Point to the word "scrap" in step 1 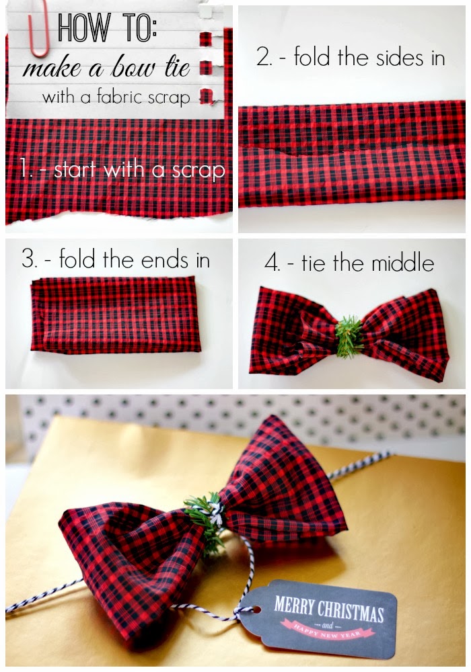click(x=198, y=171)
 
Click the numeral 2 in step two click(x=263, y=57)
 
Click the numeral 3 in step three click(x=29, y=259)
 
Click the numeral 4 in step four click(x=272, y=263)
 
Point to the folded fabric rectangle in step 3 click(x=115, y=314)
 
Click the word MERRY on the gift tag click(x=293, y=606)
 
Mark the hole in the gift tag click(x=257, y=609)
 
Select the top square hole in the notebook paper click(x=206, y=11)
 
